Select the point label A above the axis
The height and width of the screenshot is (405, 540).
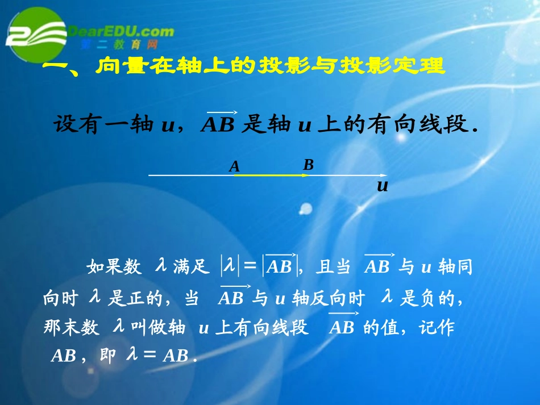click(234, 167)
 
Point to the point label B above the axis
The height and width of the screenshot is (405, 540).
click(308, 165)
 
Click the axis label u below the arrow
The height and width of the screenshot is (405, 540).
click(383, 186)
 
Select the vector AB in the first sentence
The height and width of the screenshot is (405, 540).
click(218, 124)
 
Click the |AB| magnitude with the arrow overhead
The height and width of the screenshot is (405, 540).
click(279, 266)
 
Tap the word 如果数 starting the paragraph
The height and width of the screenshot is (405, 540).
click(114, 267)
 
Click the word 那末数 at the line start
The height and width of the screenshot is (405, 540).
click(71, 328)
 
